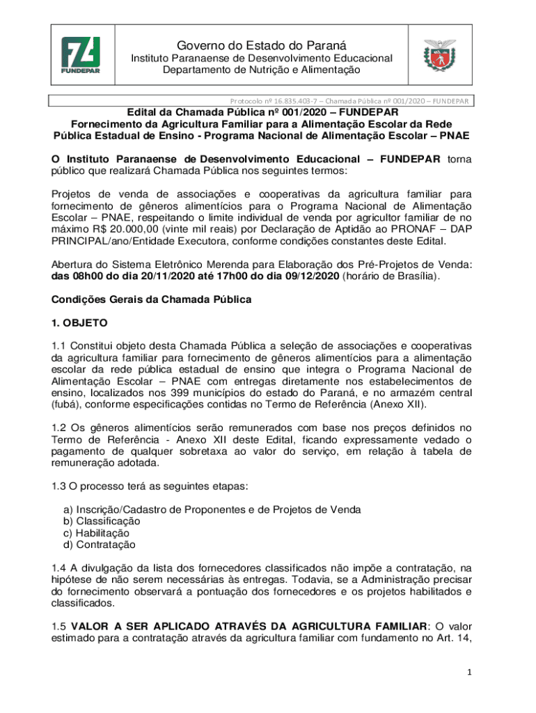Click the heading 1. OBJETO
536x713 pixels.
tap(79, 323)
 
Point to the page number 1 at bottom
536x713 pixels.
tap(471, 673)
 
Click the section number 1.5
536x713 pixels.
tap(60, 626)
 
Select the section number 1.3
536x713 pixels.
tap(60, 486)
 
